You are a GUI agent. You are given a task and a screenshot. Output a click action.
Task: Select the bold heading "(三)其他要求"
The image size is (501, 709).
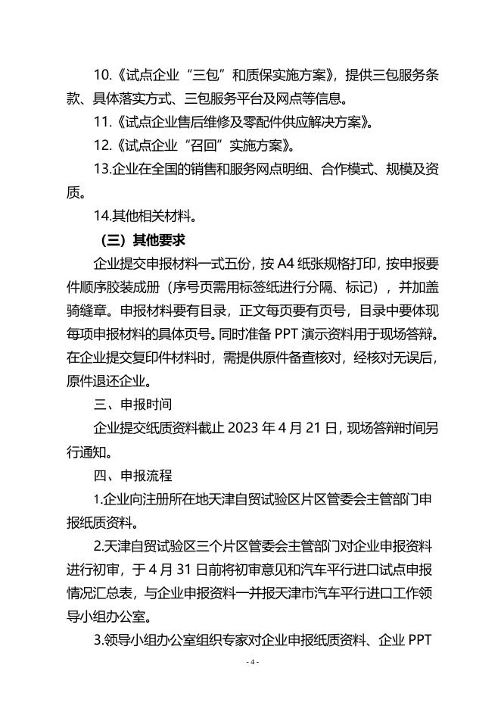(x=142, y=240)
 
